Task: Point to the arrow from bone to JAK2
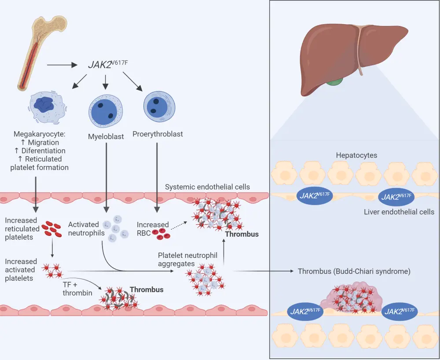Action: (x=62, y=66)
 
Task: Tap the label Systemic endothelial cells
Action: (x=207, y=187)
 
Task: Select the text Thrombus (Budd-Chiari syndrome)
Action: (x=354, y=272)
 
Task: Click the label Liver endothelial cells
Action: (x=399, y=212)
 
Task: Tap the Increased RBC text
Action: (x=153, y=229)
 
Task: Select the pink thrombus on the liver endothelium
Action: (x=352, y=299)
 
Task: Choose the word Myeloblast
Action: (x=106, y=136)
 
